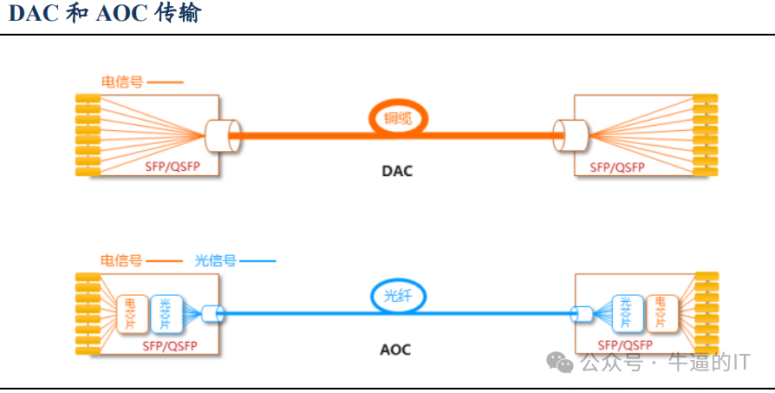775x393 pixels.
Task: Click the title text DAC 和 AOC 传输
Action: [x=103, y=15]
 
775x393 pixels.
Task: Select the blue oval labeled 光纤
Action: [x=399, y=296]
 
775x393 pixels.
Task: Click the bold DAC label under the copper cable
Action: [x=397, y=171]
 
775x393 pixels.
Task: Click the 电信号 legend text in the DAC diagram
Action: [x=122, y=82]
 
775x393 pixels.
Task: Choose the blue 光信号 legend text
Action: [x=215, y=260]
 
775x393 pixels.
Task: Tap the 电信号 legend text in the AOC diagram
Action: [x=120, y=260]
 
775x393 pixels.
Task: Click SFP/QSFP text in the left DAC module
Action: [x=172, y=166]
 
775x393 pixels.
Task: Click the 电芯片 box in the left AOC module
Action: [x=131, y=314]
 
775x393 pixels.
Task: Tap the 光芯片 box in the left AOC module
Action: [x=165, y=314]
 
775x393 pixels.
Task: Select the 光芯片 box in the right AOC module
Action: [x=627, y=314]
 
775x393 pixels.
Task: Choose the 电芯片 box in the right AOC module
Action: [x=661, y=314]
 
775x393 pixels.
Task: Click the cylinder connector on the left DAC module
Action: [x=222, y=135]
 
